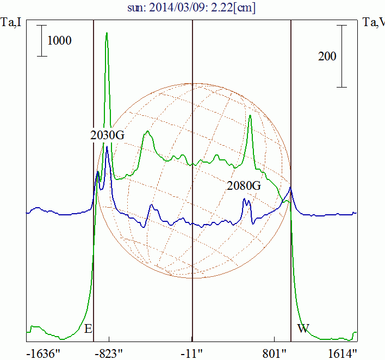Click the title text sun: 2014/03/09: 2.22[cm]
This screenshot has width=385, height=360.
click(192, 8)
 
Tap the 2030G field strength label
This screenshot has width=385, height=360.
click(108, 134)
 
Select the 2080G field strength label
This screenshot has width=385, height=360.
click(244, 185)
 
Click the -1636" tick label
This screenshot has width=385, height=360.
click(43, 352)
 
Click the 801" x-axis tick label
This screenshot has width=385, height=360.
click(275, 352)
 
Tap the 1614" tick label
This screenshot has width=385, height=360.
click(342, 352)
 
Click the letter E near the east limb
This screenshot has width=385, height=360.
click(89, 328)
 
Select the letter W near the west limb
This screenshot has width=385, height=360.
click(303, 328)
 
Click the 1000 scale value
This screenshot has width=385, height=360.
click(59, 40)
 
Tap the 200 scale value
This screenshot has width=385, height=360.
click(327, 56)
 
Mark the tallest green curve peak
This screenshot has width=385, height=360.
click(107, 33)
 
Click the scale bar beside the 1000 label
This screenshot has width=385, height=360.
click(42, 40)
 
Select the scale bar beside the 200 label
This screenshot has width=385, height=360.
click(341, 56)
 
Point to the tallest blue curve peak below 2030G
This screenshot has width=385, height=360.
click(107, 147)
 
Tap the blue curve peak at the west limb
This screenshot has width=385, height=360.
click(291, 188)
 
